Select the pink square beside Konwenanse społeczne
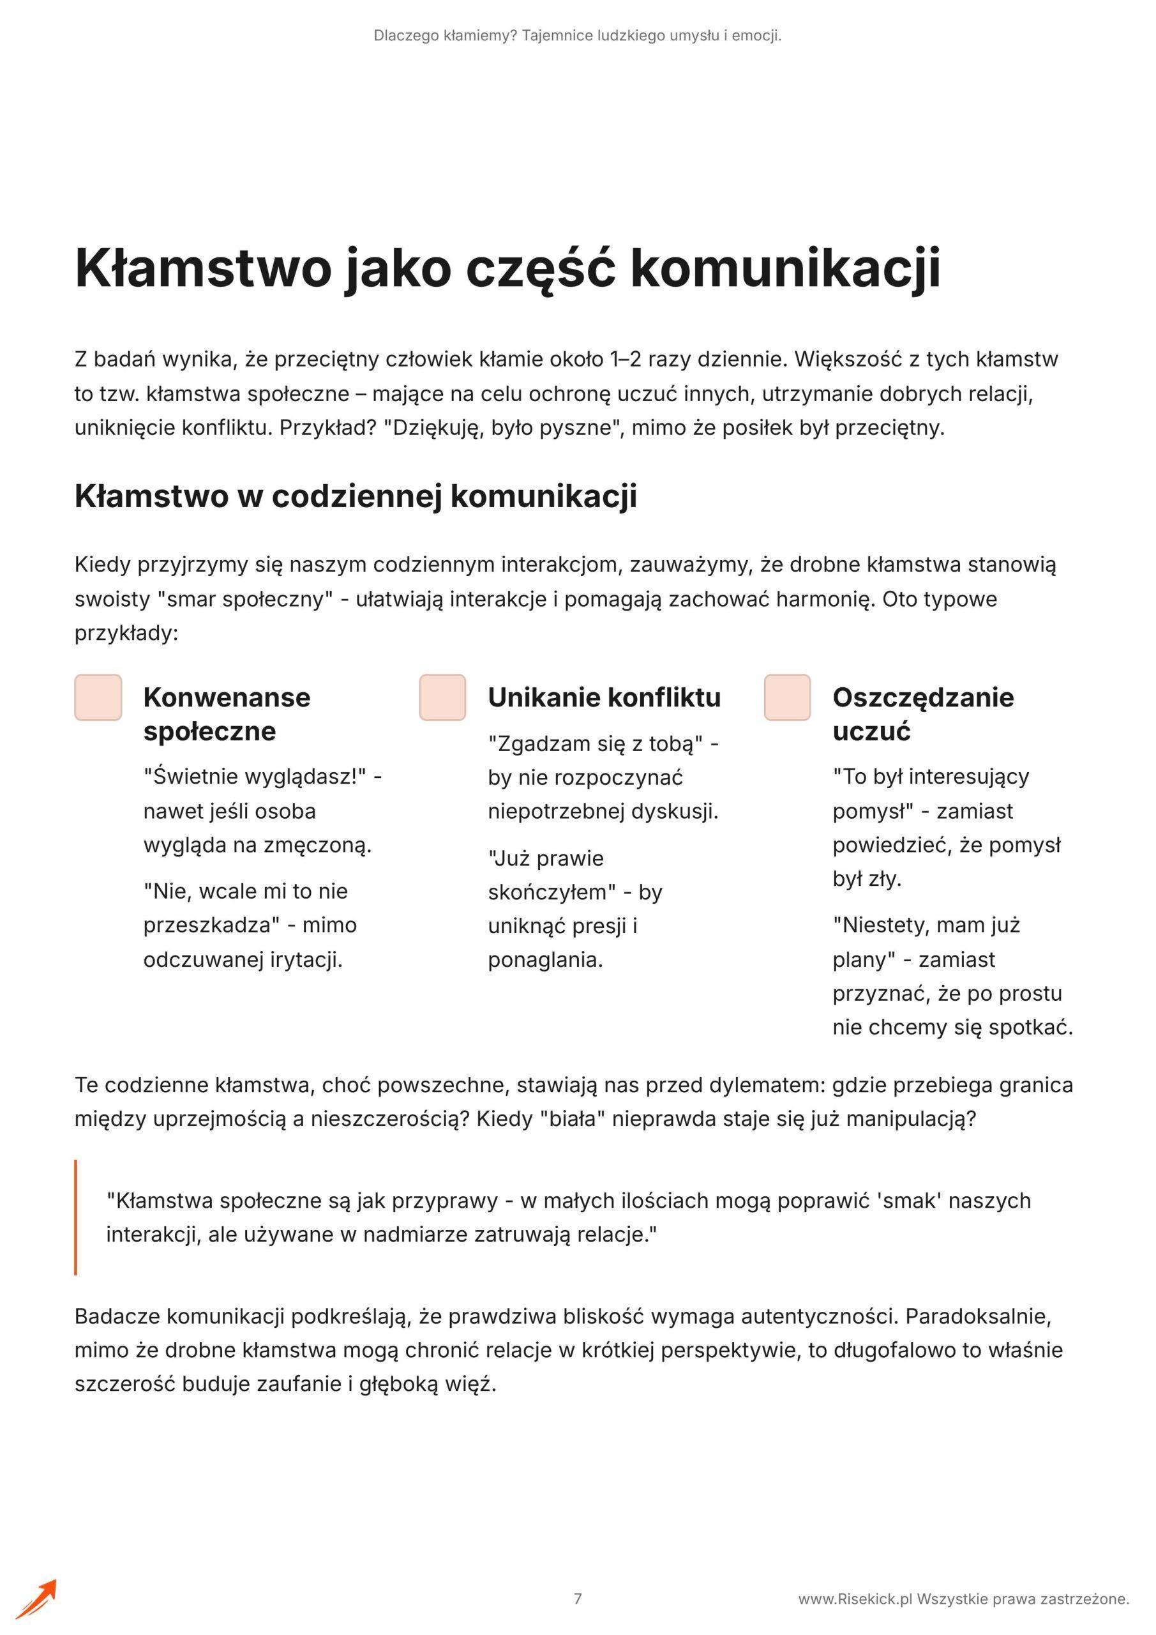tap(98, 697)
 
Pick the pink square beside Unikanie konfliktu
tap(443, 697)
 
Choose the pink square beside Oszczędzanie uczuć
tap(787, 697)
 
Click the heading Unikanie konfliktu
tap(604, 697)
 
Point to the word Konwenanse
tap(227, 697)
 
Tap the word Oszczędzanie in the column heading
tap(922, 697)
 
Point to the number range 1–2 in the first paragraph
tap(625, 359)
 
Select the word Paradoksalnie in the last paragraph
tap(978, 1316)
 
